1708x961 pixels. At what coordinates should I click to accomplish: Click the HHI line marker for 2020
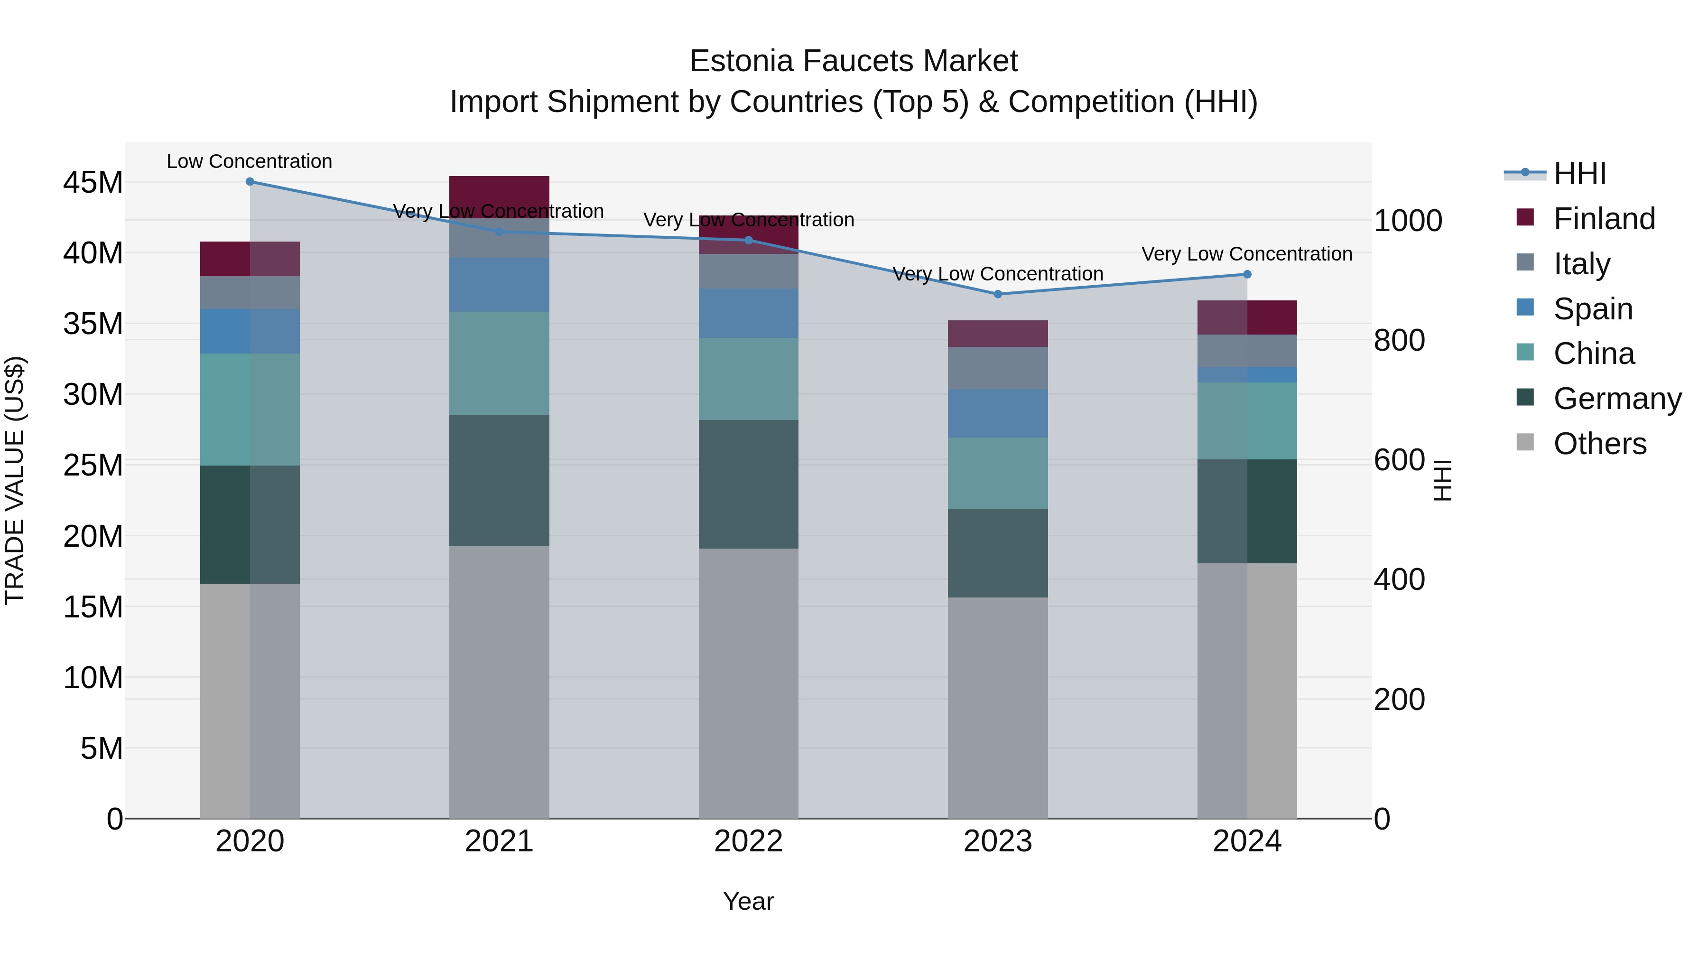coord(250,182)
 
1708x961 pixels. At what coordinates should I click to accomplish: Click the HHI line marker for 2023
coord(998,294)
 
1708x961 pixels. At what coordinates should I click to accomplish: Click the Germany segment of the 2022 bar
coord(749,484)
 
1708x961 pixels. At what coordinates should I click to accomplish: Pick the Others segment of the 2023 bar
coord(998,708)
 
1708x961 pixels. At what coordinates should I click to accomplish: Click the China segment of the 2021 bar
coord(499,364)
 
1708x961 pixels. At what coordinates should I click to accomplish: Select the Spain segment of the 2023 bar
coord(998,413)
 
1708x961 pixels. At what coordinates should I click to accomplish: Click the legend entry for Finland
coord(1604,219)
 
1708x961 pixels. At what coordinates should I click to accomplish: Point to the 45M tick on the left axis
coord(93,182)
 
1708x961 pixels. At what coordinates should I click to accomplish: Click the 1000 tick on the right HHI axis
coord(1408,221)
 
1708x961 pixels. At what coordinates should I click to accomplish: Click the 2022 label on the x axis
coord(749,841)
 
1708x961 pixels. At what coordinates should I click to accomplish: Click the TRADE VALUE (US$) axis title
coord(15,480)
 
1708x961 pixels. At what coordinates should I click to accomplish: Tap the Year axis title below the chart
coord(749,901)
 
